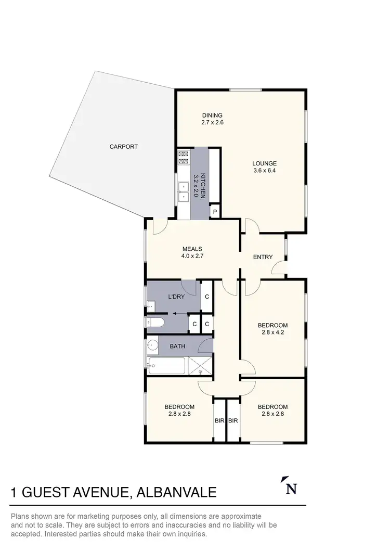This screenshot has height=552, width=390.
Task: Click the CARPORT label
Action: pos(123,147)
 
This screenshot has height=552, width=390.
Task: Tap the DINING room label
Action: pos(212,115)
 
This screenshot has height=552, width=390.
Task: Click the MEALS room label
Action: pos(192,249)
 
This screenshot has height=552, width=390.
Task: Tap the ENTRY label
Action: pos(263,257)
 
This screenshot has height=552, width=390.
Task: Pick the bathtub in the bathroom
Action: pos(166,366)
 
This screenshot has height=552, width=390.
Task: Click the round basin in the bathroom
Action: pos(152,344)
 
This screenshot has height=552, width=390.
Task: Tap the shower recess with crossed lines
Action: pos(200,366)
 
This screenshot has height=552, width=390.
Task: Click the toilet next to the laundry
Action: pos(155,323)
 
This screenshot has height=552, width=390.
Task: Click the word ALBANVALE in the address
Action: pos(176,492)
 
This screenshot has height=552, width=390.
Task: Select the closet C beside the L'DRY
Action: pos(207,296)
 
